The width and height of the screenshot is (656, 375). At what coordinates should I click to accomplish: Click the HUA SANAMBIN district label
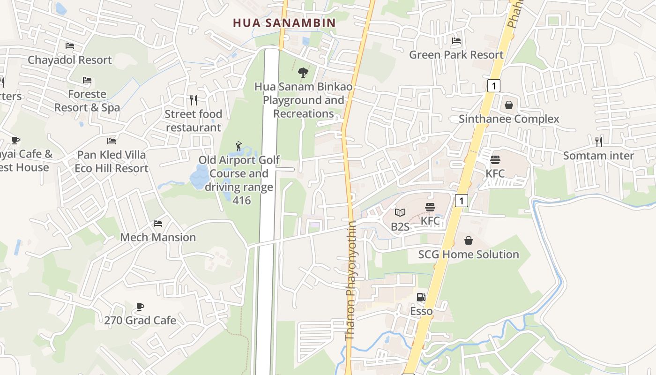coord(284,22)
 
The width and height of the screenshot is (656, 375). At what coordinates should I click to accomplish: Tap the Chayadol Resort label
coord(70,60)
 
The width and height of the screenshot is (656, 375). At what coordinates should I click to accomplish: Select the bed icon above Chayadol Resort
coord(70,46)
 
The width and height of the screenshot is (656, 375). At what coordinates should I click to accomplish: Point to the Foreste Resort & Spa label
coord(87,101)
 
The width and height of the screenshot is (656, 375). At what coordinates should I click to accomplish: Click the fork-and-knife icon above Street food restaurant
coord(193,100)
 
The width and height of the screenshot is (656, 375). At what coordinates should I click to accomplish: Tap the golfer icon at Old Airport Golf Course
coord(239,146)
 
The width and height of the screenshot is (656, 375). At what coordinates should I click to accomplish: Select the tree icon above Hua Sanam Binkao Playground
coord(303,73)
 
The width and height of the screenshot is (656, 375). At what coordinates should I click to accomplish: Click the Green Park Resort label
coord(456,55)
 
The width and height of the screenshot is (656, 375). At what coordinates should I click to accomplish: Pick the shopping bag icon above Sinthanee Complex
coord(509,105)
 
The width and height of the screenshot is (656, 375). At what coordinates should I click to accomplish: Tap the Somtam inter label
coord(598,156)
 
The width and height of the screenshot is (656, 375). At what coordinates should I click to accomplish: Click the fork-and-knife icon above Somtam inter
coord(598,142)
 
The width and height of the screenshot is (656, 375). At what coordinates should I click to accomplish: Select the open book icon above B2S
coord(400,213)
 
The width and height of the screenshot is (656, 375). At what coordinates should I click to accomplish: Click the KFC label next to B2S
coord(430,221)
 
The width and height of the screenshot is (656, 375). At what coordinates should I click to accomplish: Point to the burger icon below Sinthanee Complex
coord(495,160)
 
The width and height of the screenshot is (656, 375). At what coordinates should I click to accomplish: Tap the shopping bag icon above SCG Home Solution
coord(469,240)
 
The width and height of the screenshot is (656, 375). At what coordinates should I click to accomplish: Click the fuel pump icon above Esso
coord(421,297)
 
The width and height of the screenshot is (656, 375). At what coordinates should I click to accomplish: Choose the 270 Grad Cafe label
coord(140,321)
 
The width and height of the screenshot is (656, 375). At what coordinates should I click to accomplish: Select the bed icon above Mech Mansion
coord(158,224)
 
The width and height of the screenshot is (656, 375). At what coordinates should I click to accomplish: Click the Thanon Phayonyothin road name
coord(350,280)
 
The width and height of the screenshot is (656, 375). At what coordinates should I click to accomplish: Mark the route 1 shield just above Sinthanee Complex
coord(493,86)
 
